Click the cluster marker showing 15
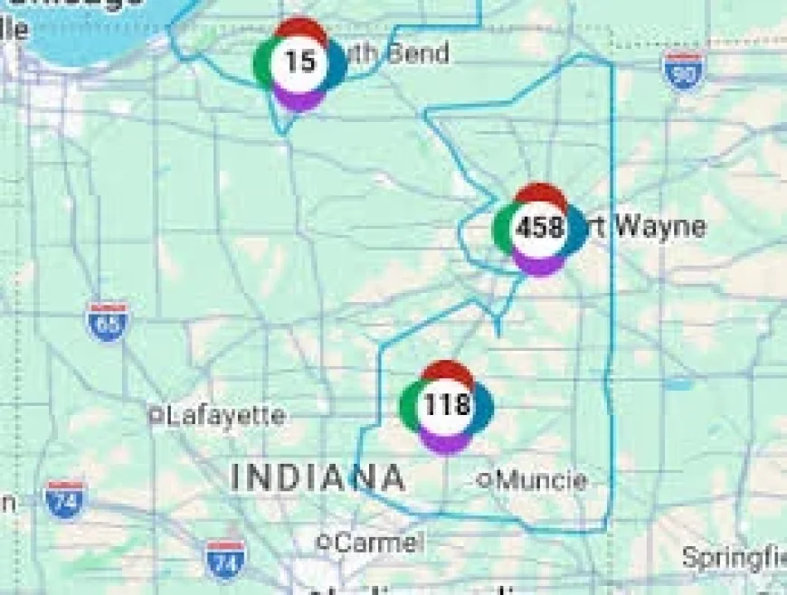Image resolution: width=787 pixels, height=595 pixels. (x=299, y=62)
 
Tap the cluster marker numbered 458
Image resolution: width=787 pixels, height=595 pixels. (x=539, y=228)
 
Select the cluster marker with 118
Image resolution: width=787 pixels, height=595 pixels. (x=447, y=405)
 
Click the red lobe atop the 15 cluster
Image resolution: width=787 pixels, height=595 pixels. (x=301, y=28)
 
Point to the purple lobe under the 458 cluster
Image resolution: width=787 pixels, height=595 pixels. (x=539, y=264)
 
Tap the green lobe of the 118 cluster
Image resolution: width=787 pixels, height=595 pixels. (x=410, y=405)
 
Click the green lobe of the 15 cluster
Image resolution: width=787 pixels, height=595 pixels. (x=262, y=62)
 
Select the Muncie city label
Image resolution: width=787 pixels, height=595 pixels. (x=541, y=479)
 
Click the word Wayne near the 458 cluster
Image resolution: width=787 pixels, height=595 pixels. (x=660, y=226)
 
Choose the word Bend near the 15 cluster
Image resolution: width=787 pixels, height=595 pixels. (x=417, y=53)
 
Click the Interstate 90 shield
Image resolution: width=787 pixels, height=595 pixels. (x=683, y=71)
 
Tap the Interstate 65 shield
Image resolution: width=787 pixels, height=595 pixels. (x=108, y=322)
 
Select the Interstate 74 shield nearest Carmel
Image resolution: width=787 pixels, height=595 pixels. (x=224, y=560)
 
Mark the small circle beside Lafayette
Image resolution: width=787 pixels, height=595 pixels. (x=156, y=416)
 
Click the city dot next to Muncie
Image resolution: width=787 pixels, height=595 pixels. (x=485, y=480)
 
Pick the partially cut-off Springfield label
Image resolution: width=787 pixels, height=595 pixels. (x=733, y=556)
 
